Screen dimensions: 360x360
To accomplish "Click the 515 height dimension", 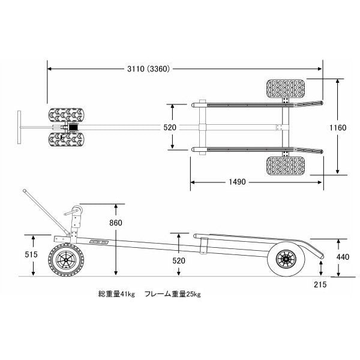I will (32, 254).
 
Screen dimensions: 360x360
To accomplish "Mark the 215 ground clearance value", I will (319, 285).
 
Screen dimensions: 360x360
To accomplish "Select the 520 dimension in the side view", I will (179, 261).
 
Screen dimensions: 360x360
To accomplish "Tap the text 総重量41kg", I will (117, 295).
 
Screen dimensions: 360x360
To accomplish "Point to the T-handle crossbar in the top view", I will (20, 127).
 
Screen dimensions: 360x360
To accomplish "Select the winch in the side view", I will (74, 212).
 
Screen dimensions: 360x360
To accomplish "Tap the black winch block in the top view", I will (74, 128).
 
